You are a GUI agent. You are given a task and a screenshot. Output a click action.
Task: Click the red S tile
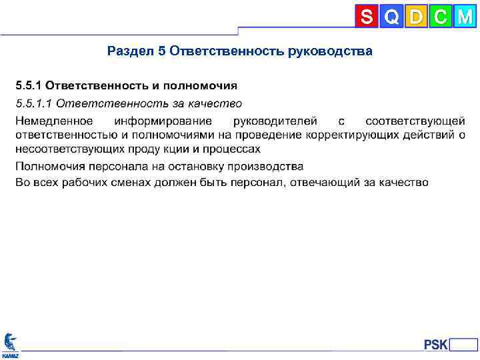tap(367, 17)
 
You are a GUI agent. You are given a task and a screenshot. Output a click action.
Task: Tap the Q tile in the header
tap(391, 17)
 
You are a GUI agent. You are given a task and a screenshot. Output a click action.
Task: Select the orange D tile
tap(416, 17)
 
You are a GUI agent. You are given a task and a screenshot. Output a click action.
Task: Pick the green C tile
tap(440, 17)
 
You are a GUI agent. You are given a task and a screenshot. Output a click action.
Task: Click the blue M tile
tap(465, 17)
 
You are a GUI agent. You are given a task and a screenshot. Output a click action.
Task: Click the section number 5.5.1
tap(29, 86)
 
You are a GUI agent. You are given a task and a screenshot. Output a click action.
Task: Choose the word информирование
tap(163, 121)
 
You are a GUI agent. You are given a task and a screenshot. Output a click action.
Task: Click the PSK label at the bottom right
tap(436, 345)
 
